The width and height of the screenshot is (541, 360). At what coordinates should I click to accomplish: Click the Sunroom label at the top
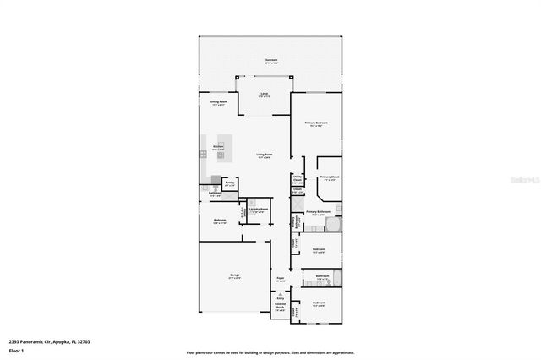pos(270,61)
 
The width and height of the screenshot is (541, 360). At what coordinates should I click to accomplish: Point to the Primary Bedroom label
pos(316,124)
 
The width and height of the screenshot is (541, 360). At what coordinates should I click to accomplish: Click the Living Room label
pos(264,155)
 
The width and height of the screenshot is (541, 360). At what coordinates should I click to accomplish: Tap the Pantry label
pos(229,183)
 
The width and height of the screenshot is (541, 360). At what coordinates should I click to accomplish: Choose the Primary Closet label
pos(329,178)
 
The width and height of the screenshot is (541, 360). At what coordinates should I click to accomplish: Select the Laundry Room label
pos(258,210)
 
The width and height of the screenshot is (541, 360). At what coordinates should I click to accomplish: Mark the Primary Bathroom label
pos(317,213)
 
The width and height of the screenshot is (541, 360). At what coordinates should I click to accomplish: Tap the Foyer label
pos(280,279)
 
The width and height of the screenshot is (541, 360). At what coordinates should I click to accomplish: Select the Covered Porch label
pos(280,308)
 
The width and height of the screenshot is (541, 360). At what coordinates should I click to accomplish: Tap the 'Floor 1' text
pos(16,349)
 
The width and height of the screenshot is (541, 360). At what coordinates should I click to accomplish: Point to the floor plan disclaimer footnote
pos(270,353)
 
